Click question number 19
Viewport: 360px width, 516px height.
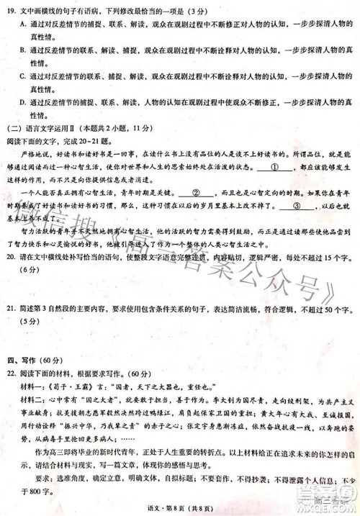coord(11,12)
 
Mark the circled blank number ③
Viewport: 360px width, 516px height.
coord(296,204)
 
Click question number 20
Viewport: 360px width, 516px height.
coord(11,258)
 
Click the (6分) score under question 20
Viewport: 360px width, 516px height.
coord(30,269)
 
